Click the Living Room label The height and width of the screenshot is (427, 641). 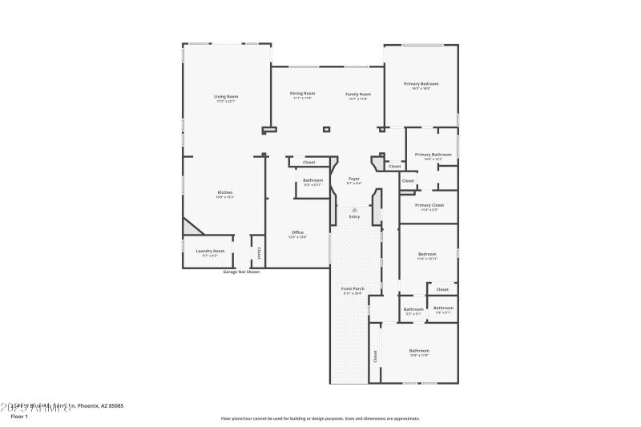226,97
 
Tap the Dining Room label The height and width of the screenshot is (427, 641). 302,94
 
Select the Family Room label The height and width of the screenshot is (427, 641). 358,94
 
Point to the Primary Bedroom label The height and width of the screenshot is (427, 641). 421,84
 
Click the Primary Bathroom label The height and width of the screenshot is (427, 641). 433,155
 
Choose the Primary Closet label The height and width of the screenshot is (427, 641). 429,205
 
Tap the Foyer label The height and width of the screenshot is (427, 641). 353,179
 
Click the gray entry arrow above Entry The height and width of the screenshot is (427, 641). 354,209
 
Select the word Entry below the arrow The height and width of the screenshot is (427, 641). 354,217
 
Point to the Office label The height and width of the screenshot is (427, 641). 297,232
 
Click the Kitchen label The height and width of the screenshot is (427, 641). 225,192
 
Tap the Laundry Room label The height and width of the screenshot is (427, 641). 211,252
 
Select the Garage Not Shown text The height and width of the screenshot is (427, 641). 241,272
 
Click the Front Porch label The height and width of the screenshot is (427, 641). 353,288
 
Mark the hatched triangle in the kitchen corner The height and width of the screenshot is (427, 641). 190,228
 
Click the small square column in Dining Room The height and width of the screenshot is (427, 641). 326,129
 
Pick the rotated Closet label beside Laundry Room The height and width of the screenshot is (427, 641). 258,252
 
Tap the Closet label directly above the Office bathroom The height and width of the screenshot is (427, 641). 308,163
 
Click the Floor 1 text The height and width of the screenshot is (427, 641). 18,417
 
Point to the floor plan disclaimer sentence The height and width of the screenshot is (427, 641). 320,418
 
